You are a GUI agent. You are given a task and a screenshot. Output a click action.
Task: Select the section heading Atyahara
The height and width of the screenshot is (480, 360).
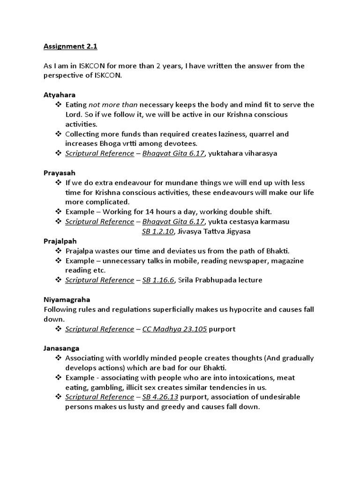(x=59, y=94)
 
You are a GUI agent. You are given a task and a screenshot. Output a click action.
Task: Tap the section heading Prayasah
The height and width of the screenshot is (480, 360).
(x=59, y=172)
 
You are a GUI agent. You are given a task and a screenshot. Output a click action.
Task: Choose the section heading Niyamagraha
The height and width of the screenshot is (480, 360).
(x=67, y=299)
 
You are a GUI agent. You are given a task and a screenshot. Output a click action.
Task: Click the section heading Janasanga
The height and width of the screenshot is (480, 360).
(x=61, y=348)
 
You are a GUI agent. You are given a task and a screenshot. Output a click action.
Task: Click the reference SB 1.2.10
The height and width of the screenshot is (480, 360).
(x=157, y=231)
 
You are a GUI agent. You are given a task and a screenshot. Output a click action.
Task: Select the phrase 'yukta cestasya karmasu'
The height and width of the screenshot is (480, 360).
(x=249, y=221)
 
